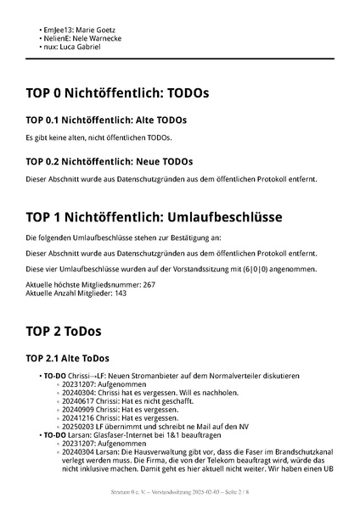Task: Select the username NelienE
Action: tap(56, 38)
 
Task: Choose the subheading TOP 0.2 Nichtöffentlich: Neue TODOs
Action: tap(110, 161)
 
